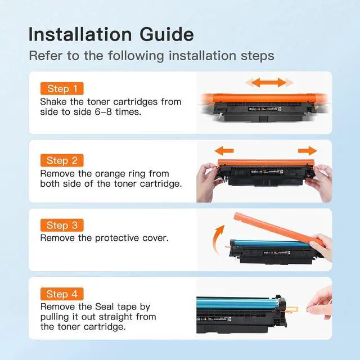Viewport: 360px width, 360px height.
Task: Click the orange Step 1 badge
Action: (62, 88)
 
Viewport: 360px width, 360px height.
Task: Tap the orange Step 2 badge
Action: (62, 160)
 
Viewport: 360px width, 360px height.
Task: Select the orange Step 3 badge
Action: (62, 225)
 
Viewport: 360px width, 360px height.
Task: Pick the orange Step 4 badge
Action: (62, 294)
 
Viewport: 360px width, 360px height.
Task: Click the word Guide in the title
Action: (166, 34)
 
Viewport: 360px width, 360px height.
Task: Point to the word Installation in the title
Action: (80, 34)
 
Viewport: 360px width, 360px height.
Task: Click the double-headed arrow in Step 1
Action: (269, 83)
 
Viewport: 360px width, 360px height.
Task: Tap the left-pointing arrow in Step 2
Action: (224, 151)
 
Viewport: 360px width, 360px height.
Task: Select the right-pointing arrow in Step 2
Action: (308, 151)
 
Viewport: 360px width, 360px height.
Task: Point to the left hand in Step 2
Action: (209, 182)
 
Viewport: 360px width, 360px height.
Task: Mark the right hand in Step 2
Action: (319, 182)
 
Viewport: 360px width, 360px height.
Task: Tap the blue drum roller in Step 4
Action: (237, 303)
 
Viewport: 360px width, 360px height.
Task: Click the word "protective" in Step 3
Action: (117, 238)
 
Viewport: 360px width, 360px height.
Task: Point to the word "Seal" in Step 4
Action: (105, 307)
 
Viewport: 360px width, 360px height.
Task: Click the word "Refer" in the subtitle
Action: (46, 56)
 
